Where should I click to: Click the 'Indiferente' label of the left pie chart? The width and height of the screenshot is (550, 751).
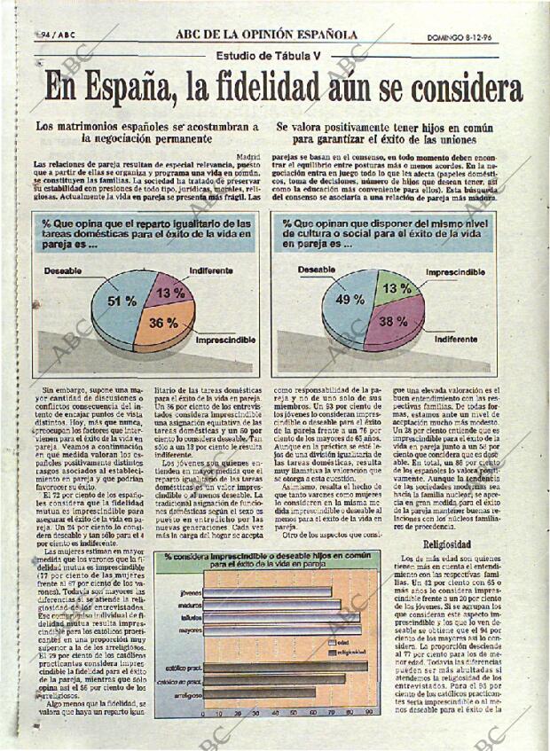click(x=210, y=270)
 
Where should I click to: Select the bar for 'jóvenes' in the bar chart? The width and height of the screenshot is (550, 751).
click(x=267, y=591)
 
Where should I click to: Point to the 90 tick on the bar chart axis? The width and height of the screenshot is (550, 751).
click(x=367, y=712)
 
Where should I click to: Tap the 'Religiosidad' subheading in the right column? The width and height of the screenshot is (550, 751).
click(x=446, y=544)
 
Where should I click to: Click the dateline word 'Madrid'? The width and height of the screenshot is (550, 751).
click(x=249, y=156)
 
